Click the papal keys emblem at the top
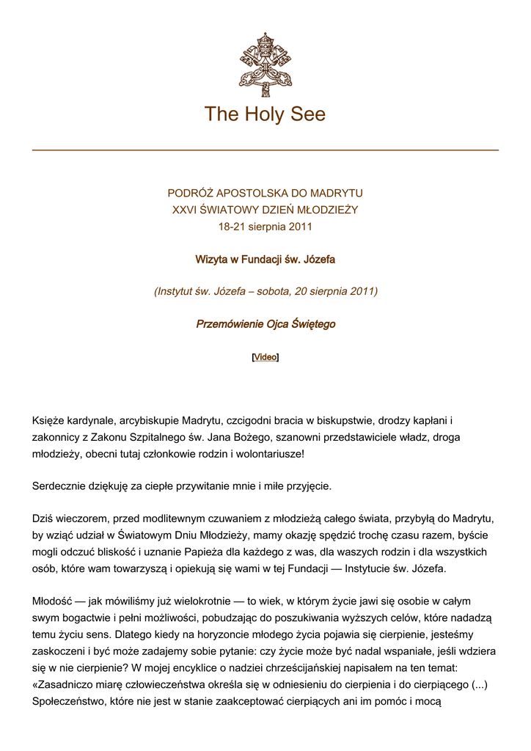tap(265, 64)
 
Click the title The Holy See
tap(265, 114)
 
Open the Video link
tap(265, 357)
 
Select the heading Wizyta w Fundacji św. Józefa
tap(265, 260)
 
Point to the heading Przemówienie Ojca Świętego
tap(265, 323)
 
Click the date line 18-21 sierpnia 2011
tap(265, 227)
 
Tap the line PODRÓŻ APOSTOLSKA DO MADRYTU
tap(265, 194)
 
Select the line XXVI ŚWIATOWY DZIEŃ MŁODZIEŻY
tap(265, 210)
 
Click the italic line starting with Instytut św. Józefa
tap(265, 291)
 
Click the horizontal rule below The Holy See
tap(265, 150)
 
